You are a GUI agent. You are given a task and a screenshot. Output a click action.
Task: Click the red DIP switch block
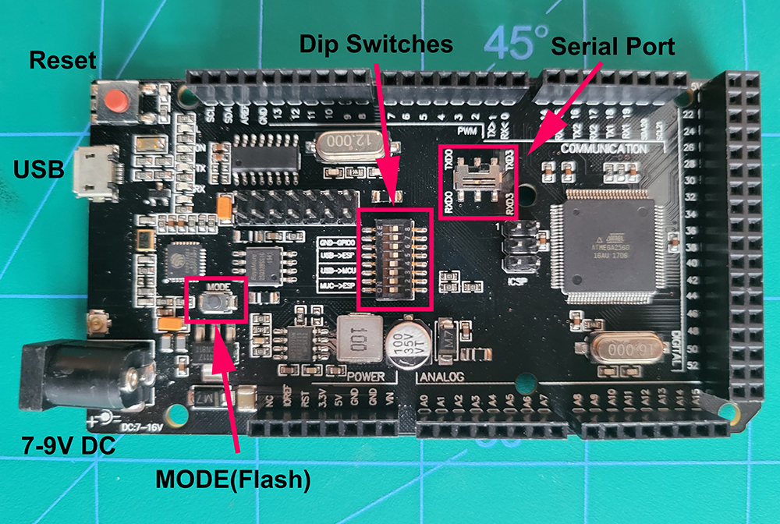coord(393,256)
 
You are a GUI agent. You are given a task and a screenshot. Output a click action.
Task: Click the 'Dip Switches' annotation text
coord(377,44)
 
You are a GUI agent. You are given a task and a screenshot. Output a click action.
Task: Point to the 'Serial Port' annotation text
coord(612,46)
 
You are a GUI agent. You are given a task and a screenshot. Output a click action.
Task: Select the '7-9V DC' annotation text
coord(67,446)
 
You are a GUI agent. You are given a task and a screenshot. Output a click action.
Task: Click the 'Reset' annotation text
coord(62,60)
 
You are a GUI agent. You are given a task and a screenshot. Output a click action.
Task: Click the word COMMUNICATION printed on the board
coord(603,148)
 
